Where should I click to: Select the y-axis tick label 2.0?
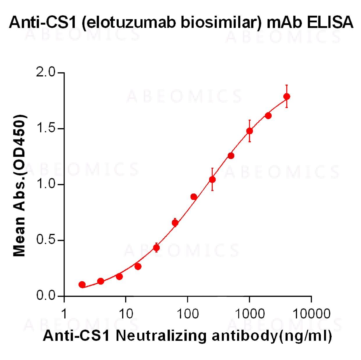click(46, 72)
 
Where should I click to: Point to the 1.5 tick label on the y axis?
click(46, 128)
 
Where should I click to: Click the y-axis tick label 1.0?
click(46, 185)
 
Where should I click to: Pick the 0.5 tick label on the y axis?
click(46, 241)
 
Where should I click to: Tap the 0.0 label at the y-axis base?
click(46, 296)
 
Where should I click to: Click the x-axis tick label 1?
click(64, 314)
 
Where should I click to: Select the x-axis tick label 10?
click(126, 314)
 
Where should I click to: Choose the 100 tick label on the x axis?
click(187, 314)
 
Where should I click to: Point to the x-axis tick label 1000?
click(249, 314)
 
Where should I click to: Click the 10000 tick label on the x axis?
click(311, 314)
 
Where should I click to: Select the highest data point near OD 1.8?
click(287, 96)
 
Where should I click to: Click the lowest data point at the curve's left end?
click(82, 284)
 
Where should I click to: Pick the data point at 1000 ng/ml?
click(249, 131)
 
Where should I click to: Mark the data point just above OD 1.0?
click(212, 180)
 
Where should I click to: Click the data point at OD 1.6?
click(268, 116)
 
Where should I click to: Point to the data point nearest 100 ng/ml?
click(194, 197)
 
